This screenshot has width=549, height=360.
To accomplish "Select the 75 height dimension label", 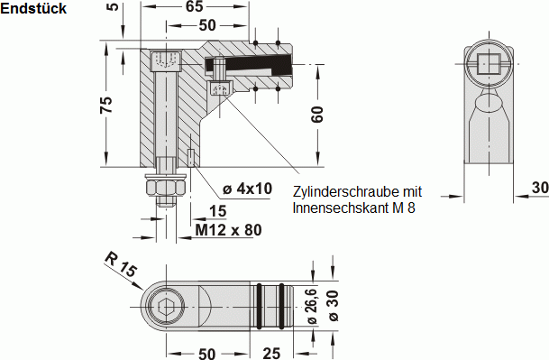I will (x=105, y=106).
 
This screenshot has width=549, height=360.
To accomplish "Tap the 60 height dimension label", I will (x=317, y=115).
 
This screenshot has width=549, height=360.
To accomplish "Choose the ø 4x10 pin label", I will (x=247, y=189).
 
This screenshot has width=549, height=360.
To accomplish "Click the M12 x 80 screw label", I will (x=229, y=230).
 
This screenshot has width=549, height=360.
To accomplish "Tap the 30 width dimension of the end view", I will (x=538, y=188).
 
